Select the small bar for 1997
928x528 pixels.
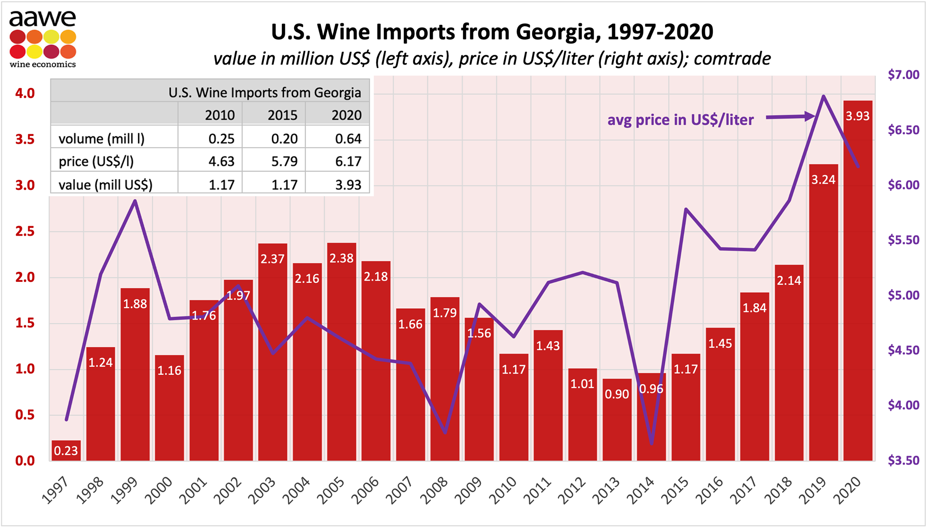66,450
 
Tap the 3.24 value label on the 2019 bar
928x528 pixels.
823,180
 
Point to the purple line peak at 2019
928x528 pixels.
823,97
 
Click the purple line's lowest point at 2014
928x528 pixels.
652,443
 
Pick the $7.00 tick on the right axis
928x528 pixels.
903,75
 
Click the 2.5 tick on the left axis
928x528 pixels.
25,232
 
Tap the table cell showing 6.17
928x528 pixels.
348,161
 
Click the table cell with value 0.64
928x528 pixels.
348,139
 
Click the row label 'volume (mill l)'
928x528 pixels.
101,139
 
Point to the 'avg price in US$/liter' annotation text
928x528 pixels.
680,120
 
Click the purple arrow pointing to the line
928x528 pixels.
791,117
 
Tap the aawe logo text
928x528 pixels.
43,19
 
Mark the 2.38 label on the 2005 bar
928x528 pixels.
341,258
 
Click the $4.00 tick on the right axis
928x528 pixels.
903,405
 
